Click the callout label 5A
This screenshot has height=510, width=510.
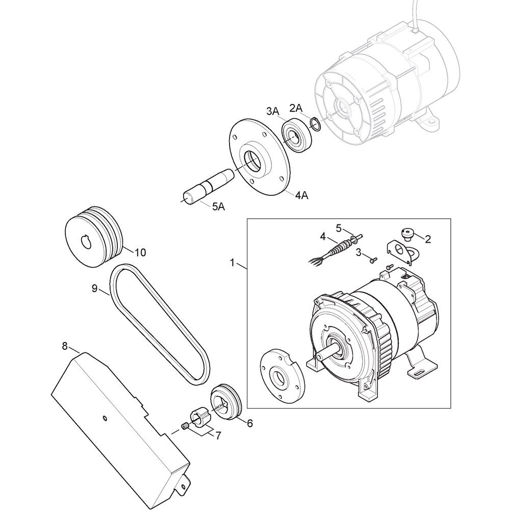pos(219,207)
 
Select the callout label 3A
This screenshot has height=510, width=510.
pos(273,111)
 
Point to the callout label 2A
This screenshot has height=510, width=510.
pos(296,108)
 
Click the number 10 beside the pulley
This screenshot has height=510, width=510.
pos(140,252)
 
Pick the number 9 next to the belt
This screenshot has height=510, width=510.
pos(95,289)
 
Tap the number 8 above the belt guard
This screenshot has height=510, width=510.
pos(65,346)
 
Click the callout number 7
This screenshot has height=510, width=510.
pos(218,435)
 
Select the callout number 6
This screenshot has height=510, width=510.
pos(249,423)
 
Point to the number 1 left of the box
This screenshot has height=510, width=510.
pos(232,263)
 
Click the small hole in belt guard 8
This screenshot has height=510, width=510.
pos(104,418)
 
